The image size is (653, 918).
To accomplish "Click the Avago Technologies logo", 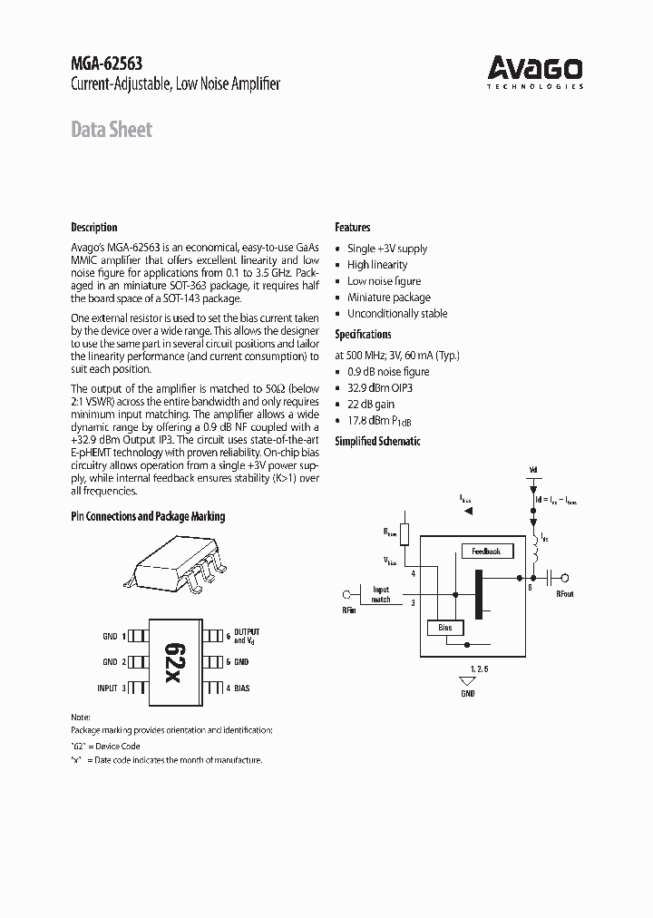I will click(536, 71).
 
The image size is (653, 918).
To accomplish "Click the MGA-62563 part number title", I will click(106, 63).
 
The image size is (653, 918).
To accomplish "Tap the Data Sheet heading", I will click(112, 130).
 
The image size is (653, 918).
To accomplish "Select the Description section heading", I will click(94, 228).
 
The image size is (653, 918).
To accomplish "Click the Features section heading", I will click(353, 228).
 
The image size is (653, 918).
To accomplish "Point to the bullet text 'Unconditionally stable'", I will click(397, 314).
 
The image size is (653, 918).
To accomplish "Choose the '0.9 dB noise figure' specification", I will click(388, 372).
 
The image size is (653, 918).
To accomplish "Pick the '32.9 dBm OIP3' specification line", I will click(385, 388).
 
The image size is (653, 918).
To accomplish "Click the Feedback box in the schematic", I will click(487, 551).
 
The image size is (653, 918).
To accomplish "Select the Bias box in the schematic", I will click(445, 628).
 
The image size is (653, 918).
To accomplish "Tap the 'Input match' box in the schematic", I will click(381, 595).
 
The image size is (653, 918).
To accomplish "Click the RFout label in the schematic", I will click(564, 595).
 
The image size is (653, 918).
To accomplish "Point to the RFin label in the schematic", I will click(349, 610).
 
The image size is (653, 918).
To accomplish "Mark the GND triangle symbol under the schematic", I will click(468, 679).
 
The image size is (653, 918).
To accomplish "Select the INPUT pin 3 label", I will click(111, 688).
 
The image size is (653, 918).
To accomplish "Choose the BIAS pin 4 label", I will click(239, 688).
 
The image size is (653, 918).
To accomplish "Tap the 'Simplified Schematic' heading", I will click(378, 441).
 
